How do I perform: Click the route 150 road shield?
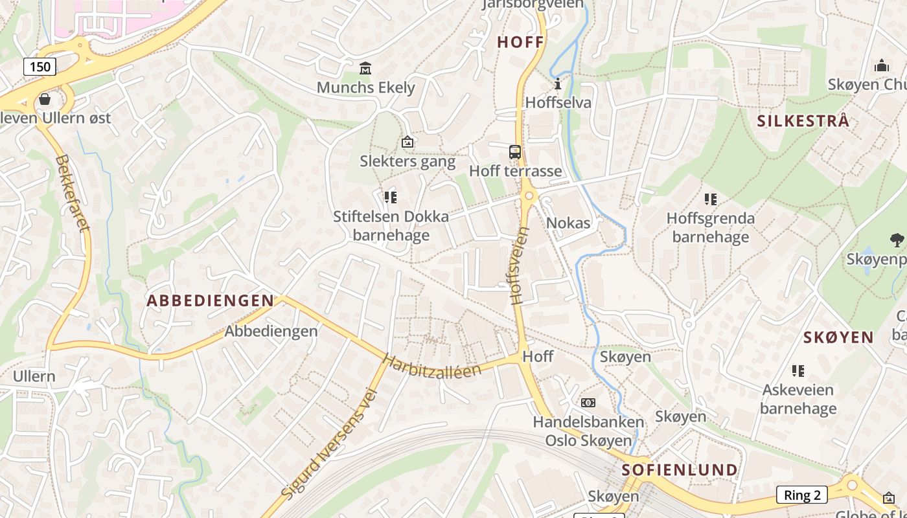point(40,66)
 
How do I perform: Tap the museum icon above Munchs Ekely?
point(365,68)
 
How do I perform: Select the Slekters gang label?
point(408,161)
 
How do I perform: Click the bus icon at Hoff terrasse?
point(515,152)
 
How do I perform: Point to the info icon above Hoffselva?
point(558,84)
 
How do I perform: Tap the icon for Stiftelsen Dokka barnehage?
point(390,197)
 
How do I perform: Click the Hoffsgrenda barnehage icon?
point(711,199)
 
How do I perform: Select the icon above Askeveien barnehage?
point(798,371)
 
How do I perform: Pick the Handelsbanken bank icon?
point(588,403)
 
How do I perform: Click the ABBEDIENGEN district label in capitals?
point(211,300)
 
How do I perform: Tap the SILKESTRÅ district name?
point(803,121)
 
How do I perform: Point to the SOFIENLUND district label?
point(680,469)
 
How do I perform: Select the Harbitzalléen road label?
point(432,366)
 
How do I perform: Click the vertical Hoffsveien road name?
point(520,265)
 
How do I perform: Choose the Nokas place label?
point(568,223)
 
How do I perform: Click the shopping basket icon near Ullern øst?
point(45,99)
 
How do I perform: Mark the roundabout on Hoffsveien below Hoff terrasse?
point(529,195)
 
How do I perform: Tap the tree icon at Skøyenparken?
point(897,240)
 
